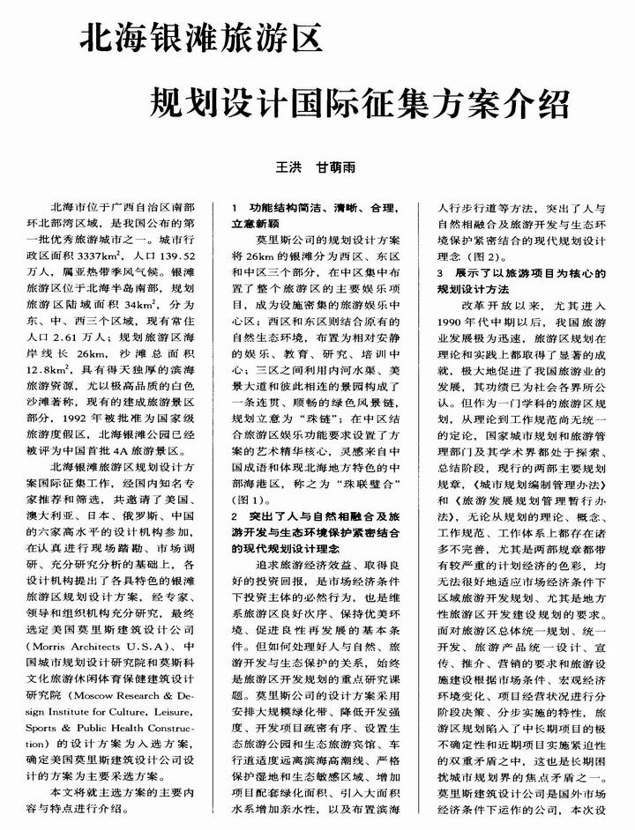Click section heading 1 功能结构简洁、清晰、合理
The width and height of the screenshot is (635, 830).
point(315,209)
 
